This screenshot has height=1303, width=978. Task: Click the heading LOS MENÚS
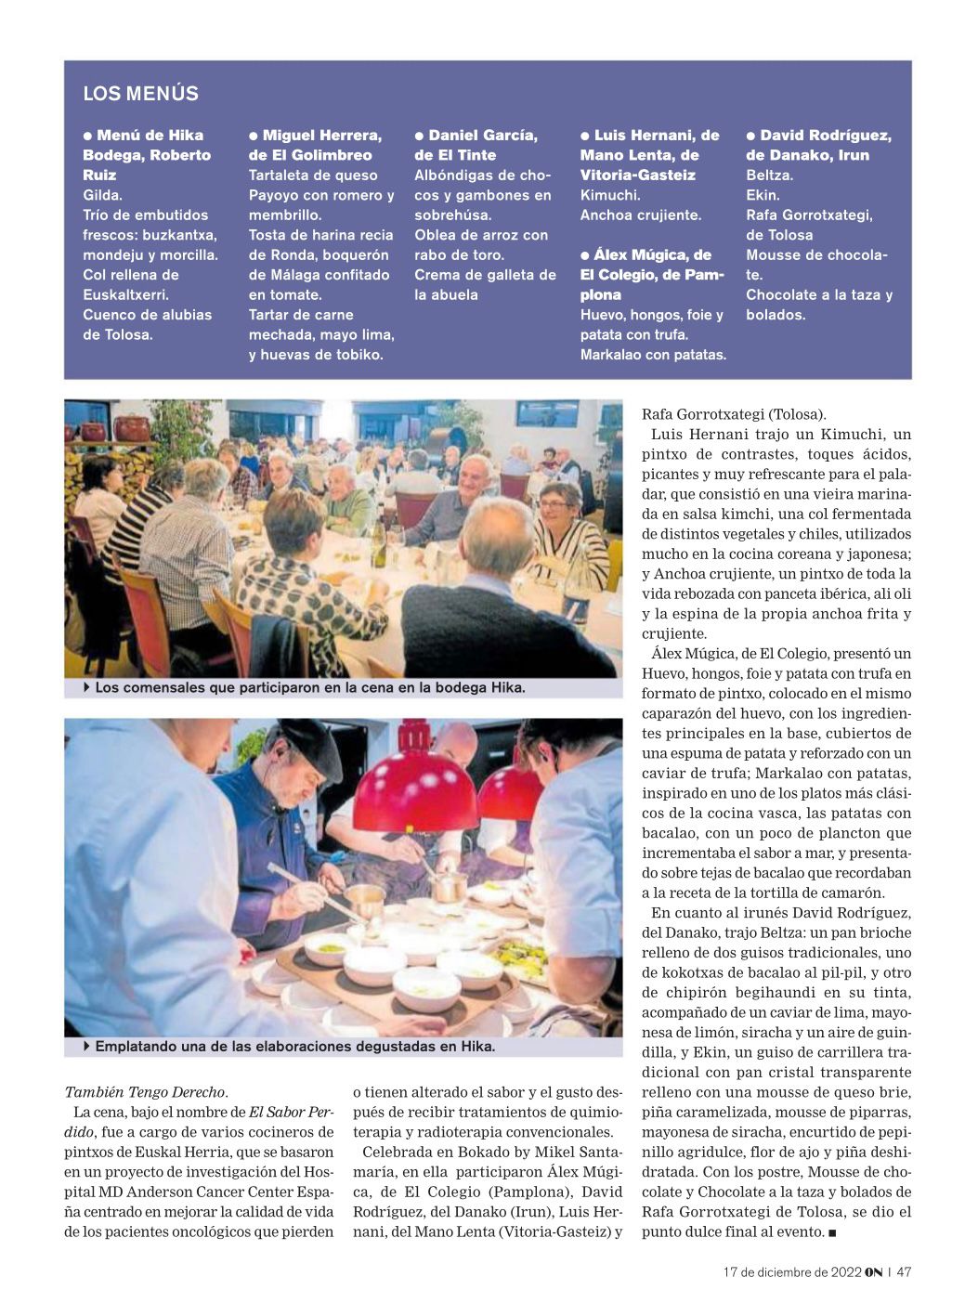tap(140, 94)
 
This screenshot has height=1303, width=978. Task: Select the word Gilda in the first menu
tap(101, 195)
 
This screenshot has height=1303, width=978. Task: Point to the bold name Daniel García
tap(483, 136)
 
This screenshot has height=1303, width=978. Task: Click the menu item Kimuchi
tap(609, 195)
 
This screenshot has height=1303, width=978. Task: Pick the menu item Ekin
tap(762, 195)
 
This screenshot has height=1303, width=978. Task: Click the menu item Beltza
tap(768, 176)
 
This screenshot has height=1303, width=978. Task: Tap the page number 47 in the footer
tap(903, 1272)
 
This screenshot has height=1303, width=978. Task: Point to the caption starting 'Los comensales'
tap(310, 688)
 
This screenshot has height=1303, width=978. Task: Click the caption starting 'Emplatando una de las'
tap(294, 1047)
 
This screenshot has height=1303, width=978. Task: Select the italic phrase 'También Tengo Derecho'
tap(145, 1092)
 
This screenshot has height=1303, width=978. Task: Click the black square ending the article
tap(832, 1232)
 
